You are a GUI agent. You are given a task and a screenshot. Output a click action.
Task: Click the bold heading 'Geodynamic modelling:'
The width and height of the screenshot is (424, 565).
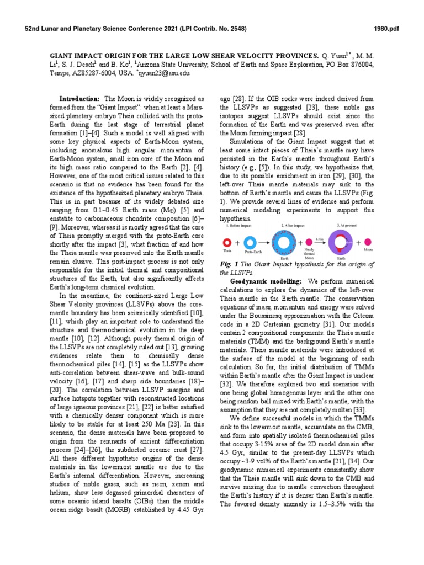point(266,281)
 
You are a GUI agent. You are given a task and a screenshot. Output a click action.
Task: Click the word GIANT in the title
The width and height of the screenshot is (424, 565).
point(63,56)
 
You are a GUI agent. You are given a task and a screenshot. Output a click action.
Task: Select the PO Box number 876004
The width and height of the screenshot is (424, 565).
point(359,65)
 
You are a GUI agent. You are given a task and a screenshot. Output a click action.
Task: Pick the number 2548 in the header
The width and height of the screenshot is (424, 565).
point(232,28)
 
